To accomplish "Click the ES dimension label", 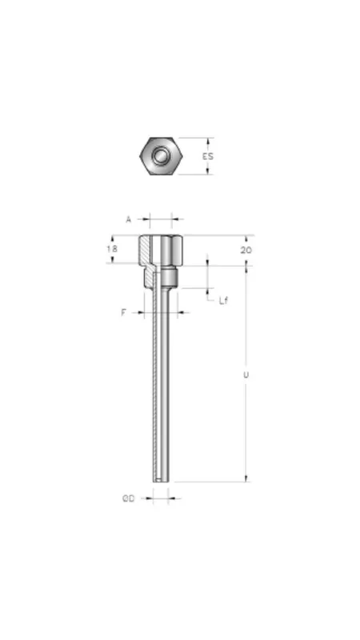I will (208, 156).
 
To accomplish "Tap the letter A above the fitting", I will (128, 218).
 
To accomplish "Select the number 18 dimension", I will (113, 249).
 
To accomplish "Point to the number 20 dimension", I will (246, 250).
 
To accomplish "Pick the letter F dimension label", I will (124, 312).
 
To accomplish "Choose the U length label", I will (246, 374).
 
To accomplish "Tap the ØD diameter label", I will (128, 498).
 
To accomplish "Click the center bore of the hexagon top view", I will (162, 155).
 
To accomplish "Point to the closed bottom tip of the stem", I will (162, 478).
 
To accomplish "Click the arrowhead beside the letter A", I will (144, 218).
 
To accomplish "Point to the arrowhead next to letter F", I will (141, 312).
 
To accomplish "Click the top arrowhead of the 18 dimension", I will (113, 238).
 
